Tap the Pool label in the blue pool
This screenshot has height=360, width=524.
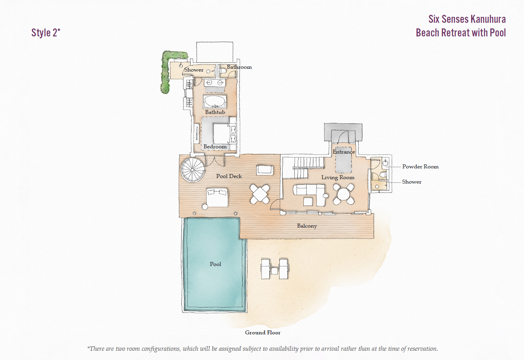pyautogui.click(x=215, y=264)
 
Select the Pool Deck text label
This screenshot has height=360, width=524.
pyautogui.click(x=229, y=176)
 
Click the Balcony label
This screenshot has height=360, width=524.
pyautogui.click(x=307, y=226)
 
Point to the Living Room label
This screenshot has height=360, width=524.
pyautogui.click(x=338, y=177)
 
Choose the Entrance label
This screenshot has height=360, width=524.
pyautogui.click(x=344, y=152)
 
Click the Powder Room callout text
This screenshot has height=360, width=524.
pyautogui.click(x=420, y=166)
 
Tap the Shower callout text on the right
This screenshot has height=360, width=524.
pyautogui.click(x=411, y=182)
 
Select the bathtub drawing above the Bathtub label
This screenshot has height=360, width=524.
pyautogui.click(x=215, y=102)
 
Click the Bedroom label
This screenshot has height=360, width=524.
pyautogui.click(x=215, y=147)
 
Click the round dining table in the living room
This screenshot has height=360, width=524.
pyautogui.click(x=344, y=194)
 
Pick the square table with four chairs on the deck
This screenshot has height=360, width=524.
pyautogui.click(x=260, y=194)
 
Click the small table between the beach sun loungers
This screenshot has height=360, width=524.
pyautogui.click(x=274, y=271)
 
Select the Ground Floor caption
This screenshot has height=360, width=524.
pyautogui.click(x=263, y=332)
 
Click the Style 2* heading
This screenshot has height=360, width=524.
pyautogui.click(x=46, y=33)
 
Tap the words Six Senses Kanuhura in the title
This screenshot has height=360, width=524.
pyautogui.click(x=467, y=19)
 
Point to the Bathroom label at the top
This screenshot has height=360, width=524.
pyautogui.click(x=239, y=67)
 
